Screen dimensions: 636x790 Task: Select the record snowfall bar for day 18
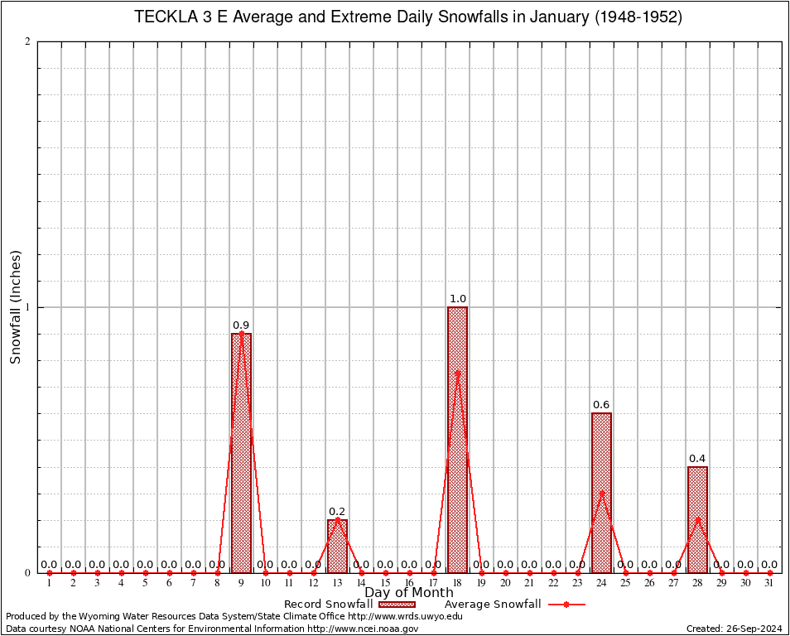coord(457,440)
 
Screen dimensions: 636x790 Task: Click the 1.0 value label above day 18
coord(457,299)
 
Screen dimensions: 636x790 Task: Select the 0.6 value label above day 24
coord(601,405)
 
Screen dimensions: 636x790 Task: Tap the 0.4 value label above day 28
coord(697,459)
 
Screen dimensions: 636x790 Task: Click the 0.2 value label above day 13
coord(337,512)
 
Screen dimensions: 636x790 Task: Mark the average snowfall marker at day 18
coord(457,373)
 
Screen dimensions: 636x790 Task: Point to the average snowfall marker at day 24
coord(601,493)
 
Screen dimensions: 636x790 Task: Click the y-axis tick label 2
coord(28,42)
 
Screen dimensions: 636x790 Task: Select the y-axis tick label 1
coord(28,307)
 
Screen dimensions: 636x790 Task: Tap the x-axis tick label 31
coord(769,584)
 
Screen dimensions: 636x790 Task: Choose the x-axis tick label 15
coord(385,584)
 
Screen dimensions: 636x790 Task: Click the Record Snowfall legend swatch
coord(398,605)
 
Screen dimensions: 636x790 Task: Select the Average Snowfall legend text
coord(493,605)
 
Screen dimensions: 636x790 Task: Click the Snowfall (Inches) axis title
coord(16,307)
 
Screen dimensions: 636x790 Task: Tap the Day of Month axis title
coord(409,593)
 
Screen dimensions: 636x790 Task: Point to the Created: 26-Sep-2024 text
coord(735,629)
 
